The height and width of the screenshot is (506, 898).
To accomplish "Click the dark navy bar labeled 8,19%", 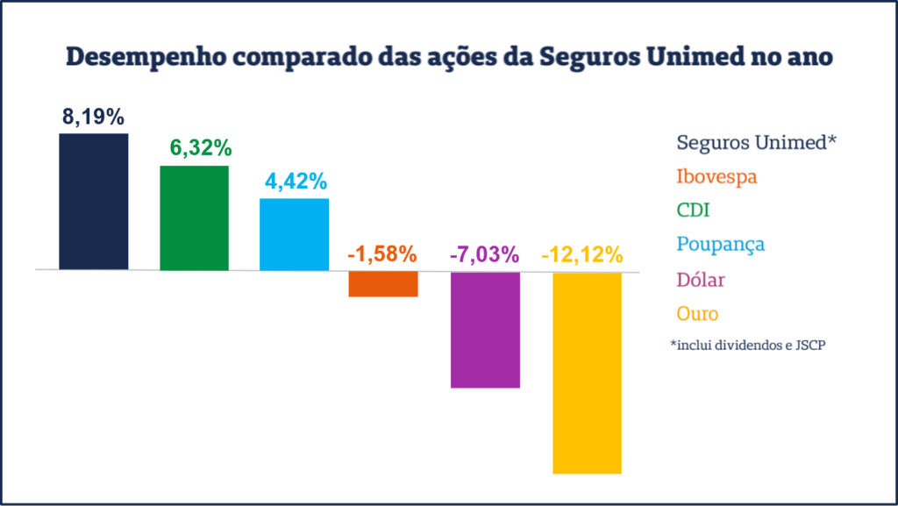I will (x=93, y=202).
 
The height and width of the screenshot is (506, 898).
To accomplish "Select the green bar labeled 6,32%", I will (x=194, y=217).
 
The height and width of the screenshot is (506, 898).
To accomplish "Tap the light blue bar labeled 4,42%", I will (x=294, y=234).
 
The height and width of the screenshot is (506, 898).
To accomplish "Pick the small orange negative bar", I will (x=383, y=284).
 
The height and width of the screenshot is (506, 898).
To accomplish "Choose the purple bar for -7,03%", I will (x=485, y=329).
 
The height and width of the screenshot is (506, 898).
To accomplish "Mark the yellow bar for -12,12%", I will (x=587, y=373).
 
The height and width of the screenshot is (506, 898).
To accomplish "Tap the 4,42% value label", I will (x=296, y=182).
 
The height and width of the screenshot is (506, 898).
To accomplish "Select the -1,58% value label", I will (x=382, y=255).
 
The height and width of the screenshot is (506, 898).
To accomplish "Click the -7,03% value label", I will (x=485, y=255).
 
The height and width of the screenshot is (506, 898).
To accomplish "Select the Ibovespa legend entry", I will (x=716, y=176).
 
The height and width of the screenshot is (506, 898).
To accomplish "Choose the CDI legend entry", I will (x=693, y=210).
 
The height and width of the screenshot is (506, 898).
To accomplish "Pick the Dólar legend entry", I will (x=701, y=279).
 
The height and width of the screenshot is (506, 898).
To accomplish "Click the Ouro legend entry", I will (x=698, y=313).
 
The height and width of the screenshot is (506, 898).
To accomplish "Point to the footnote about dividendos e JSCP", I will (x=748, y=346).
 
